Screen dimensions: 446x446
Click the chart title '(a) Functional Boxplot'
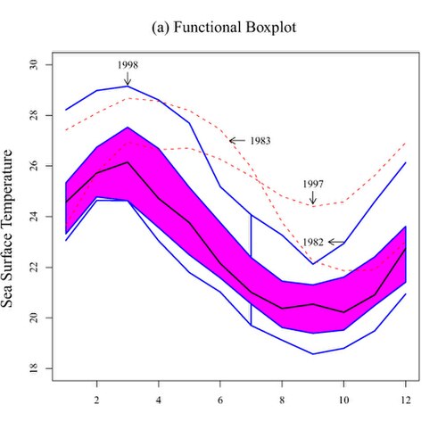(x=224, y=28)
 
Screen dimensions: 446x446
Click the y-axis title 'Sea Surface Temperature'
(x=7, y=228)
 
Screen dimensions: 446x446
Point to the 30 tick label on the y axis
(x=34, y=64)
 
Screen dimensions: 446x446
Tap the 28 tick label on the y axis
(x=34, y=115)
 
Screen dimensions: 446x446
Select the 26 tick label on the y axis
(x=34, y=166)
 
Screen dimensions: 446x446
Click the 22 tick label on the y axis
(x=34, y=267)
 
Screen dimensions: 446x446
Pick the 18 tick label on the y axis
(x=34, y=368)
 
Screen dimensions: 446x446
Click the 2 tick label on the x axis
(x=96, y=401)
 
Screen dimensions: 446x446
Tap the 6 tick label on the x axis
(x=220, y=401)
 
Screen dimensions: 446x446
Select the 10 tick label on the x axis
(x=343, y=401)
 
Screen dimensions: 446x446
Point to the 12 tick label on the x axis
(x=406, y=401)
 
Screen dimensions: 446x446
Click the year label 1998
(x=128, y=65)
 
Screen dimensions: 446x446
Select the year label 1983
(x=260, y=141)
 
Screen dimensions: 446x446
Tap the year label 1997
(x=313, y=184)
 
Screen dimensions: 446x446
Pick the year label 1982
(x=313, y=243)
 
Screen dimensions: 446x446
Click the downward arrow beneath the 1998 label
(x=128, y=78)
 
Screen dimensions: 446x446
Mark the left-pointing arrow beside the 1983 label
(x=237, y=141)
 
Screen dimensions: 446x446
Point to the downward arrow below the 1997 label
(x=313, y=198)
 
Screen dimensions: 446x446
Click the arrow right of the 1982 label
(x=336, y=243)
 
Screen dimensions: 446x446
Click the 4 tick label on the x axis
(x=159, y=401)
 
